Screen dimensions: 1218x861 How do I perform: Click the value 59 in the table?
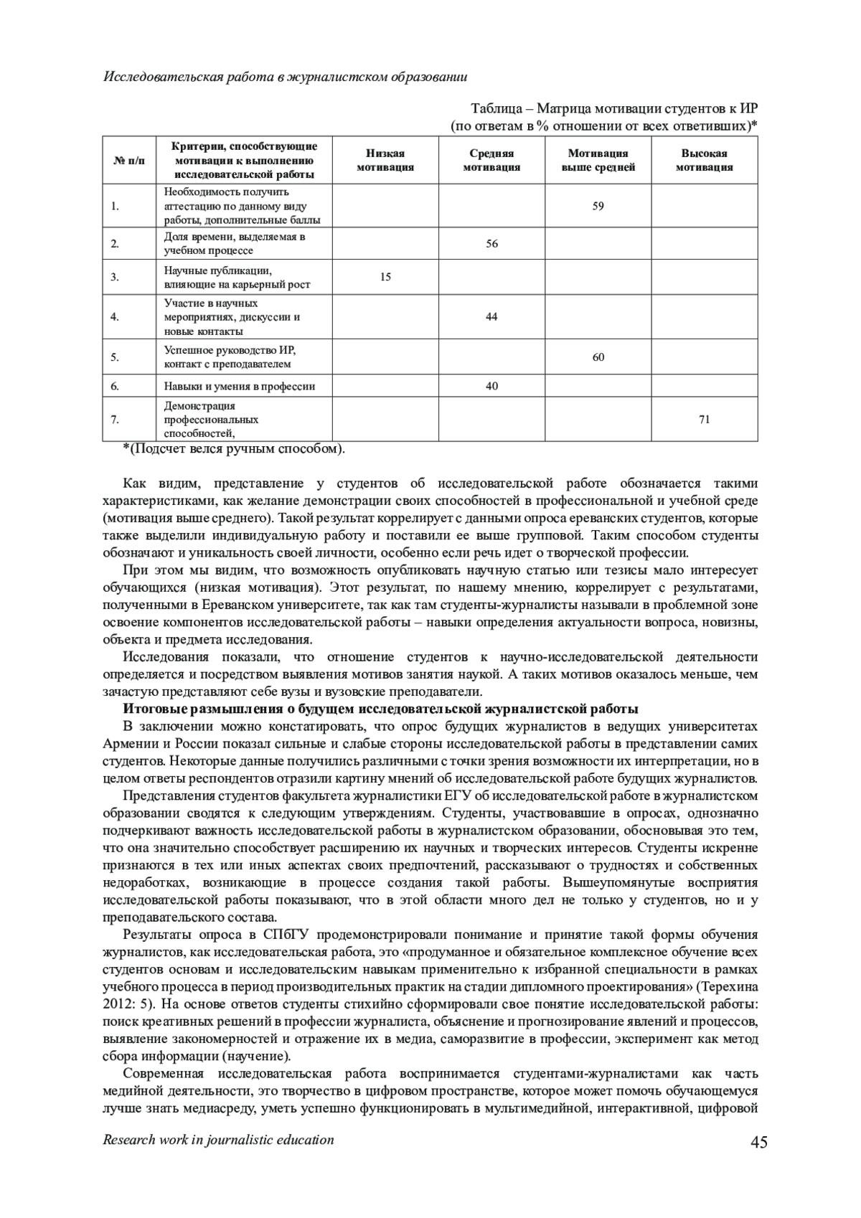coord(598,207)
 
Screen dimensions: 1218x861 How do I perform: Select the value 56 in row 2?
coord(491,244)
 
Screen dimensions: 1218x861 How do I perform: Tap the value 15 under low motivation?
coord(385,277)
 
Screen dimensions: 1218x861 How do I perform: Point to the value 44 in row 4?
coord(491,317)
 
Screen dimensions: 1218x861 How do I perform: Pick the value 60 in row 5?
coord(598,357)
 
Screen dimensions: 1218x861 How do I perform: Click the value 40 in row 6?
coord(491,387)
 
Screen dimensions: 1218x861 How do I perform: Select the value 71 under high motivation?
coord(705,420)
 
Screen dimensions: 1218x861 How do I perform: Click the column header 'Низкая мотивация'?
coord(385,161)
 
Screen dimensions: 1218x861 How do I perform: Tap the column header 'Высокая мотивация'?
coord(705,161)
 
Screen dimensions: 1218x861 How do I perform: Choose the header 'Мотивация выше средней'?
coord(598,161)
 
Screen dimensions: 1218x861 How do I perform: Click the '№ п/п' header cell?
coord(129,161)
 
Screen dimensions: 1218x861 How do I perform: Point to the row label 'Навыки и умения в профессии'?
coord(240,387)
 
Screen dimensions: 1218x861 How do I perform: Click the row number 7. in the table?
coord(115,420)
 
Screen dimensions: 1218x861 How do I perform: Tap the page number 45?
coord(759,1143)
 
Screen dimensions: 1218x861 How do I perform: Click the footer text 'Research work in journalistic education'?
coord(219,1140)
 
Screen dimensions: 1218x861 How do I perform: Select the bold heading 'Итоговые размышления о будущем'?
coord(380,709)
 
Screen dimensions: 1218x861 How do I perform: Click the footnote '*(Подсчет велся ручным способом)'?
coord(234,449)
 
